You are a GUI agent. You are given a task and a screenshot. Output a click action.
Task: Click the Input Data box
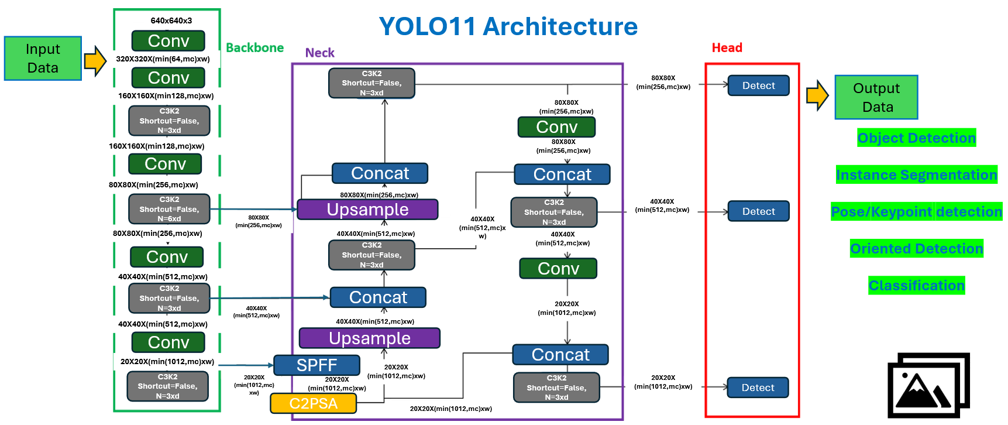point(43,58)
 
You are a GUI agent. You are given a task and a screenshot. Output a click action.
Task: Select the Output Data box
point(876,97)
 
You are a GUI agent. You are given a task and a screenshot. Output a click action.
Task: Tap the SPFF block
point(316,365)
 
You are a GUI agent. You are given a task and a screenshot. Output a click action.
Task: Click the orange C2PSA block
point(313,403)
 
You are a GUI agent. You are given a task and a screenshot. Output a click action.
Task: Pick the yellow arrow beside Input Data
point(95,61)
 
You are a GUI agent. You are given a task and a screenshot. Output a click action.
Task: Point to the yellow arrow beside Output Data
point(817,95)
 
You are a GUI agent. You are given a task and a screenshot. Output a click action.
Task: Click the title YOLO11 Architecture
point(508,27)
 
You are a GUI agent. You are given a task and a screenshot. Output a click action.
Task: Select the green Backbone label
point(254,48)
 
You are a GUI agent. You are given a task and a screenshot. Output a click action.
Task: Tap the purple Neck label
point(319,53)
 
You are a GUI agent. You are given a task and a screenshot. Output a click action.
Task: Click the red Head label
point(727,48)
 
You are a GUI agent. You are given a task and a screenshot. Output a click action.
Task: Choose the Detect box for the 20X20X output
point(758,388)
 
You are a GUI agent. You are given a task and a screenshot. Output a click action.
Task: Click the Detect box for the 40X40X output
point(758,211)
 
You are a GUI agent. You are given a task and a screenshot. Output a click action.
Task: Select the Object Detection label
point(916,138)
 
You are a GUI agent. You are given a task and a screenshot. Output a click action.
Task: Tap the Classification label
point(916,286)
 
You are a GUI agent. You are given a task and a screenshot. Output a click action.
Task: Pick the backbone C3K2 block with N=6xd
point(169,209)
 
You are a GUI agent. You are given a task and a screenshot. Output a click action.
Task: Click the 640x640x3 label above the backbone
point(171,20)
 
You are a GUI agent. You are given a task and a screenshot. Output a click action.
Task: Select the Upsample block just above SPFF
point(369,338)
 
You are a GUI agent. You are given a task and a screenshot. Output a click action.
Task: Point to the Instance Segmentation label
point(916,175)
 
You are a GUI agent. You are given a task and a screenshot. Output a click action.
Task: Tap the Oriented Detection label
point(916,249)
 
